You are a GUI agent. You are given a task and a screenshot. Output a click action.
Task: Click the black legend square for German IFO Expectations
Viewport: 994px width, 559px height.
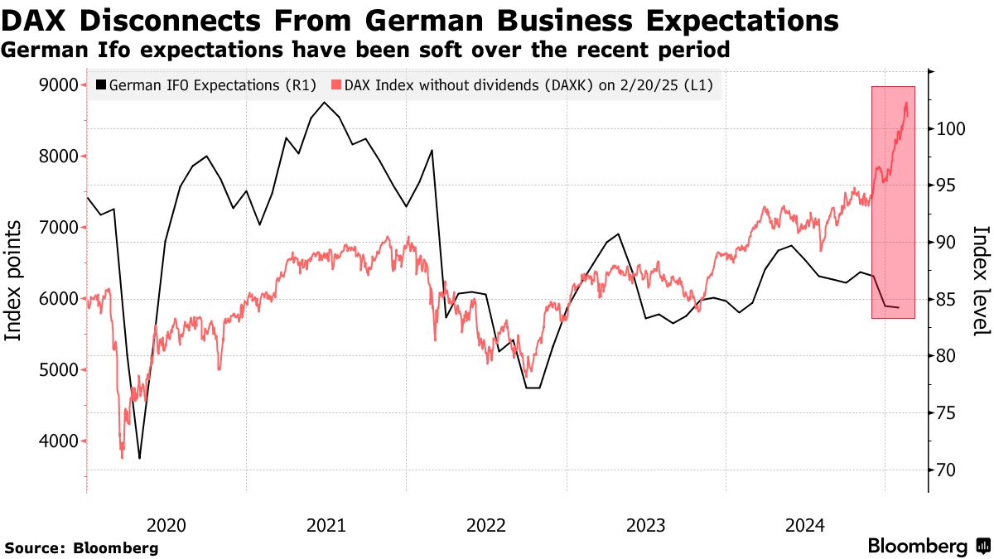(101, 84)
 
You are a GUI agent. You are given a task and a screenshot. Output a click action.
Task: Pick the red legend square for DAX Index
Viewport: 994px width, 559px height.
(336, 84)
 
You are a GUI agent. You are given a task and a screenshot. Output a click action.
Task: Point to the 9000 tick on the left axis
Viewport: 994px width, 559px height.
(59, 85)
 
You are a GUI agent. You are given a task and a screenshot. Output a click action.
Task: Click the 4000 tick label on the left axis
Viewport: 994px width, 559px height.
(59, 441)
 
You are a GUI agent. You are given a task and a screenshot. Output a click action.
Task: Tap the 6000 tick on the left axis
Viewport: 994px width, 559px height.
(59, 299)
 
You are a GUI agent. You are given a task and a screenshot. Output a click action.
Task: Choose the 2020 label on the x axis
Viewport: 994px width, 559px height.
(166, 525)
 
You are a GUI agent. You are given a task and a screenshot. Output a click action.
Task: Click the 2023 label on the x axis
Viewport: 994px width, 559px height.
(645, 525)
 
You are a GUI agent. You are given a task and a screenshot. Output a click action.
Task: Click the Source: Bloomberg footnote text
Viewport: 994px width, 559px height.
(81, 548)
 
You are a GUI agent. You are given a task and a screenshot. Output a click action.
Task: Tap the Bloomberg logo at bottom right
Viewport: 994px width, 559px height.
(929, 547)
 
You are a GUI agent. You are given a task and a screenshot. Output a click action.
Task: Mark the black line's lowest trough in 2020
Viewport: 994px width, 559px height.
(139, 458)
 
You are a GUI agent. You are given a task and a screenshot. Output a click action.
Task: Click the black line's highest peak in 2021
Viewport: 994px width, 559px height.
(324, 103)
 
